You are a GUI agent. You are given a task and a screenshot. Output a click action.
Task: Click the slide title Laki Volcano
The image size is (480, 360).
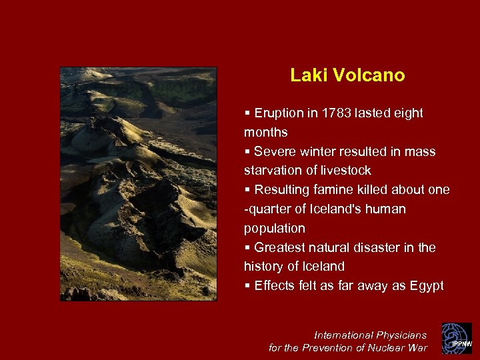pyautogui.click(x=347, y=75)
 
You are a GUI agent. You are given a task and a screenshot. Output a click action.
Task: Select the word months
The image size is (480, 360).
pyautogui.click(x=266, y=133)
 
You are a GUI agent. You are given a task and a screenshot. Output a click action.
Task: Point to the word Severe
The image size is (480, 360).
pyautogui.click(x=274, y=152)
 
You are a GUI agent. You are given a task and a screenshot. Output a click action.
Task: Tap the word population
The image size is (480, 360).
pyautogui.click(x=274, y=228)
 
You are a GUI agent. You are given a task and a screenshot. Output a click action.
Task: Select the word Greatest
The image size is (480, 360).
pyautogui.click(x=281, y=247)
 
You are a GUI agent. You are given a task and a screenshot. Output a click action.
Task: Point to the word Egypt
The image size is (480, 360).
pyautogui.click(x=426, y=286)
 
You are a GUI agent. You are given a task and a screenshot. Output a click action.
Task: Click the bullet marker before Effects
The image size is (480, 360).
pyautogui.click(x=248, y=286)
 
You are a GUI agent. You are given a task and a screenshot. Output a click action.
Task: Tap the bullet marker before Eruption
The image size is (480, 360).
pyautogui.click(x=248, y=113)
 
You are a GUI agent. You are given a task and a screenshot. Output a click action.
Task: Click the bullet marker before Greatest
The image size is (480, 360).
pyautogui.click(x=248, y=247)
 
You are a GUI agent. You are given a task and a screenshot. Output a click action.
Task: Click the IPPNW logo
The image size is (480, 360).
pyautogui.click(x=457, y=339)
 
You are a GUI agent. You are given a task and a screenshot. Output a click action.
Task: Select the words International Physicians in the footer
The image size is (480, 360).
pyautogui.click(x=371, y=335)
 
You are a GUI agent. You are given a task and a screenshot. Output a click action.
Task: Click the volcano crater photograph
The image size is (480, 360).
pyautogui.click(x=139, y=184)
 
